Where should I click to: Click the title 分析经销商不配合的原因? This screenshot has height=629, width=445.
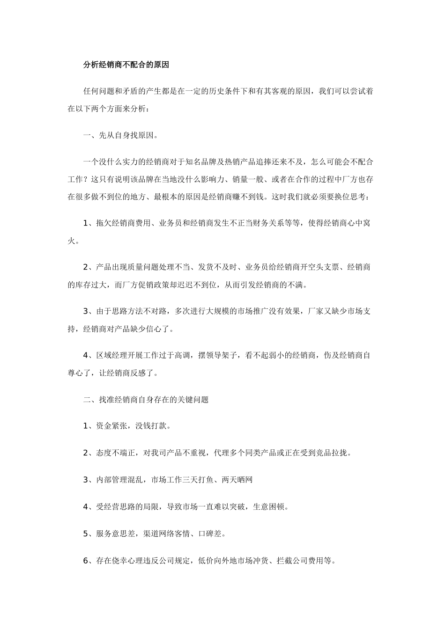pos(126,65)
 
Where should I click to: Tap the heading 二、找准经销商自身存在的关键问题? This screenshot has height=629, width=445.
pos(146,400)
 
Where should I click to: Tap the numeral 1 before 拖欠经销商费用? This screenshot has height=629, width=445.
pos(86,223)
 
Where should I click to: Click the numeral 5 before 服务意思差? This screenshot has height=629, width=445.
pos(86,533)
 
